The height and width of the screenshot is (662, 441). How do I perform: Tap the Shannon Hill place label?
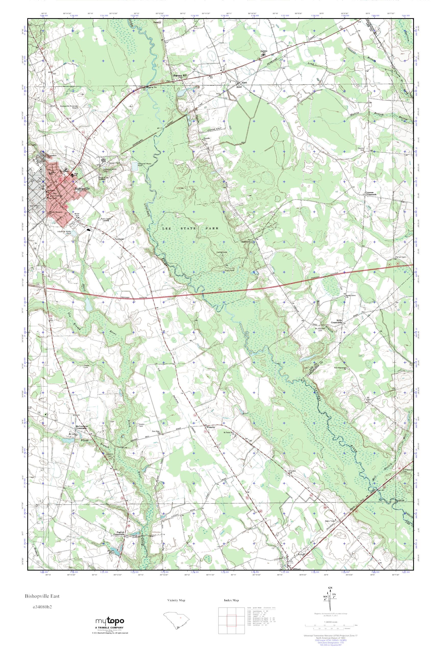pos(180,75)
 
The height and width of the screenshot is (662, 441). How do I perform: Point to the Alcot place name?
pos(239,87)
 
